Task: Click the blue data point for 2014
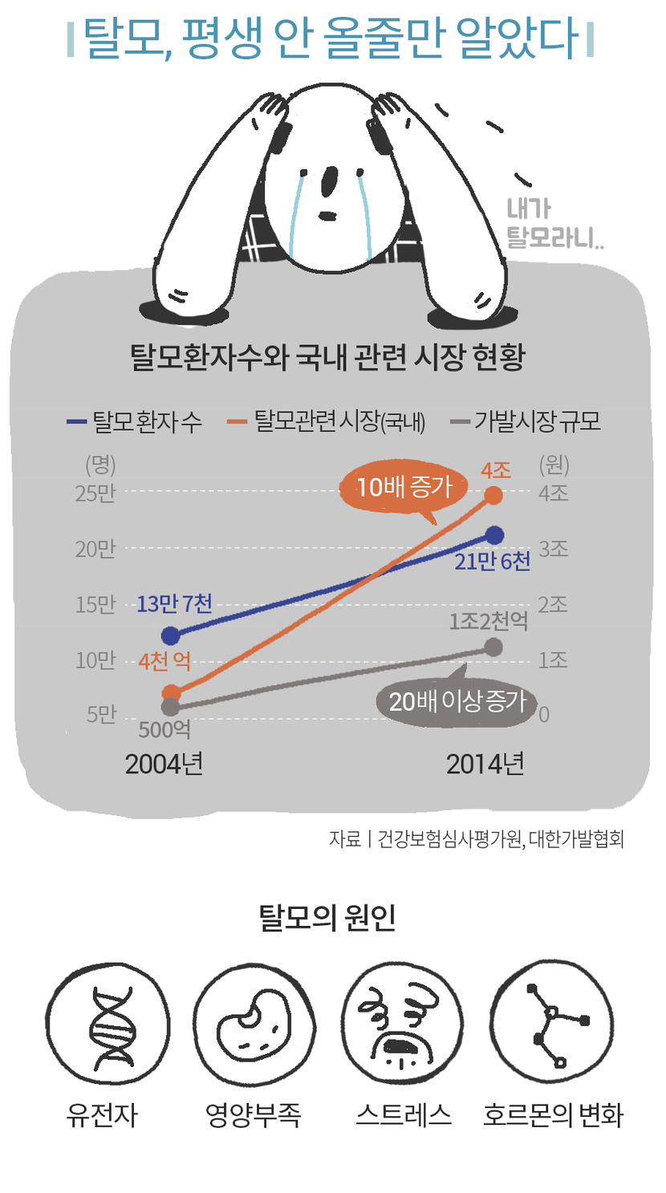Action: pyautogui.click(x=494, y=535)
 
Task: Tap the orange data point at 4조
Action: pyautogui.click(x=494, y=495)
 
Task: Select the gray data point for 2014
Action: pyautogui.click(x=494, y=647)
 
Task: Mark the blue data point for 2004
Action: pyautogui.click(x=170, y=636)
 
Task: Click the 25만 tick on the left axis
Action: pyautogui.click(x=95, y=493)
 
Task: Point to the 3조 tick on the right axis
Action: pyautogui.click(x=553, y=549)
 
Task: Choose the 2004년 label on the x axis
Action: pyautogui.click(x=164, y=765)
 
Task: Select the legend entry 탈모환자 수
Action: pyautogui.click(x=136, y=421)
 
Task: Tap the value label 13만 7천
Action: pyautogui.click(x=174, y=603)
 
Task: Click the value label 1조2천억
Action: pyautogui.click(x=489, y=620)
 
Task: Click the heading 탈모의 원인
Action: pyautogui.click(x=328, y=918)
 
